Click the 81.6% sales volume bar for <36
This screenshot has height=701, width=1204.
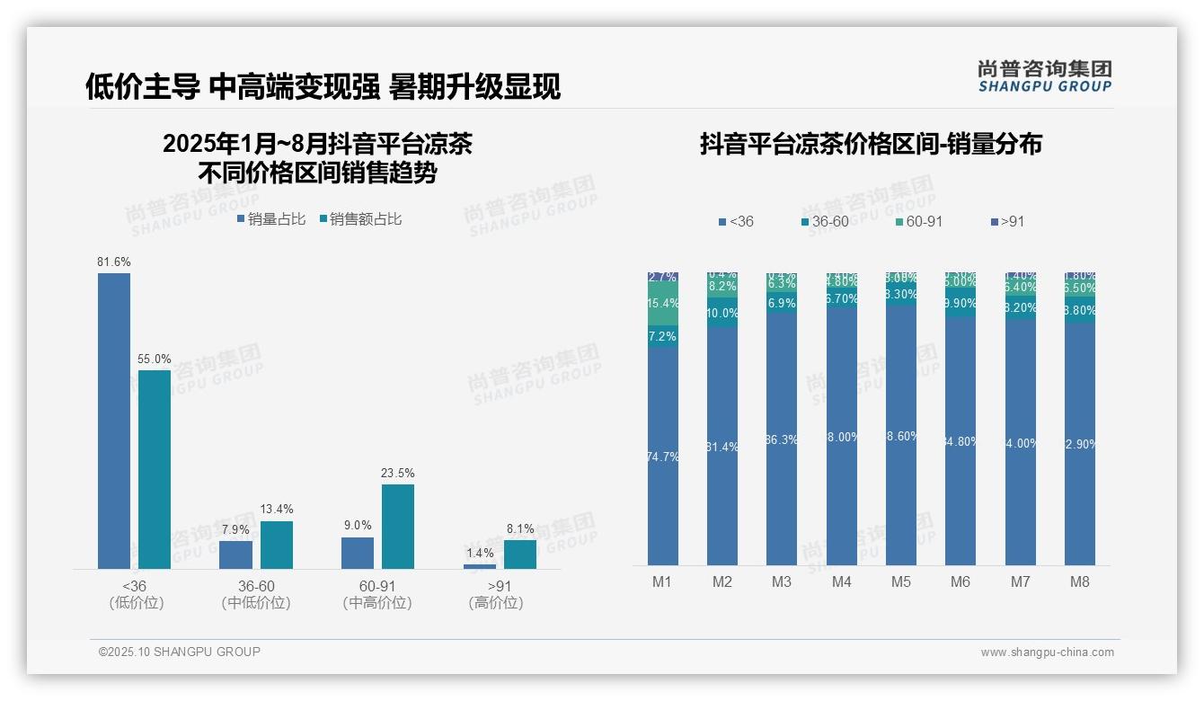(114, 421)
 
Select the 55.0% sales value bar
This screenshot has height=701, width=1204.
(154, 469)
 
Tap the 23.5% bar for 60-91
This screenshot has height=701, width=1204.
(397, 527)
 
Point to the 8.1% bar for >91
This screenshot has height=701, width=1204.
(519, 554)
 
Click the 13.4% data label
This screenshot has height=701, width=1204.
(276, 510)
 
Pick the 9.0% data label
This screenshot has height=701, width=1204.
(357, 526)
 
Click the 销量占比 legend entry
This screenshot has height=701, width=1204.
(271, 219)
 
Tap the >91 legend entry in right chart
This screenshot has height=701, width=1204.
(1006, 221)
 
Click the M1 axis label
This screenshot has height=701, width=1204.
(662, 581)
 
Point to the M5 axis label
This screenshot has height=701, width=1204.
(900, 581)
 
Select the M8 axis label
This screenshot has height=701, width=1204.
(1079, 581)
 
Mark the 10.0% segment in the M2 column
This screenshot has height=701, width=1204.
(722, 313)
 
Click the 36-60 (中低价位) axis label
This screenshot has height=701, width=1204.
(256, 594)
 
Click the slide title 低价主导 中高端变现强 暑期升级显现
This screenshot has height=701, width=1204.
(323, 86)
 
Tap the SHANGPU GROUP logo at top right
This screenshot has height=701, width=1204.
(1044, 76)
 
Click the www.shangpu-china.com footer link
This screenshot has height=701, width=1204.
(1047, 652)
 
